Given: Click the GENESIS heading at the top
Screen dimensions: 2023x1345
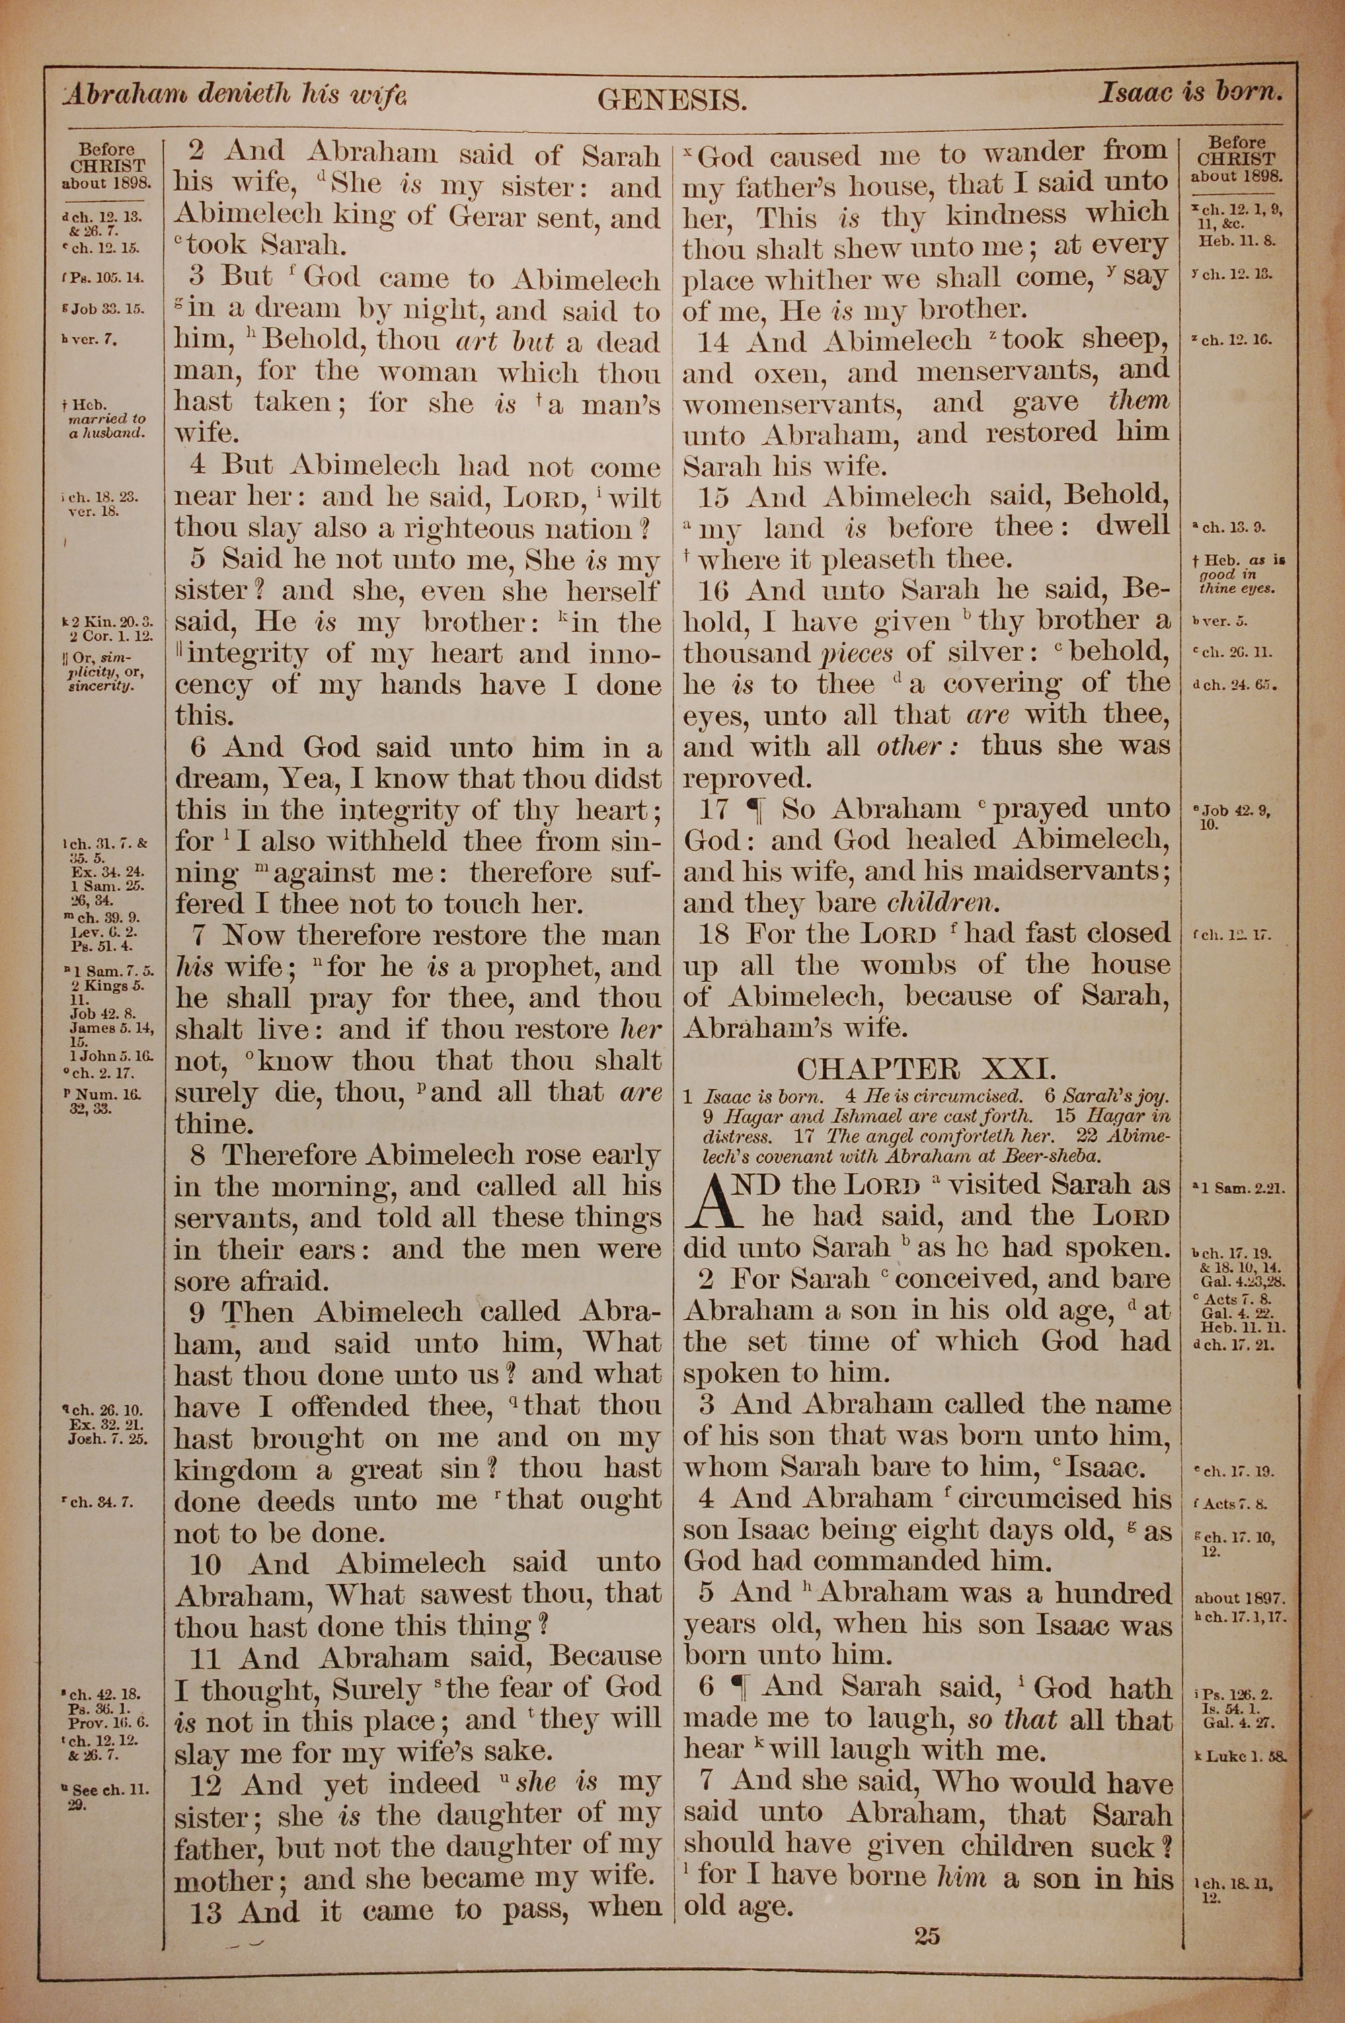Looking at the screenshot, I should tap(672, 101).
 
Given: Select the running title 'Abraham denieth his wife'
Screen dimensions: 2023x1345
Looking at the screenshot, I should tap(234, 94).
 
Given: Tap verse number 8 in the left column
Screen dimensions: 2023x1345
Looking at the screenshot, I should tap(198, 1156).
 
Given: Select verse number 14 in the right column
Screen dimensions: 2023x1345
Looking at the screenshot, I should tap(714, 342).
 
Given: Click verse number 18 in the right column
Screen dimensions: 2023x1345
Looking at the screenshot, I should tap(714, 934).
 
